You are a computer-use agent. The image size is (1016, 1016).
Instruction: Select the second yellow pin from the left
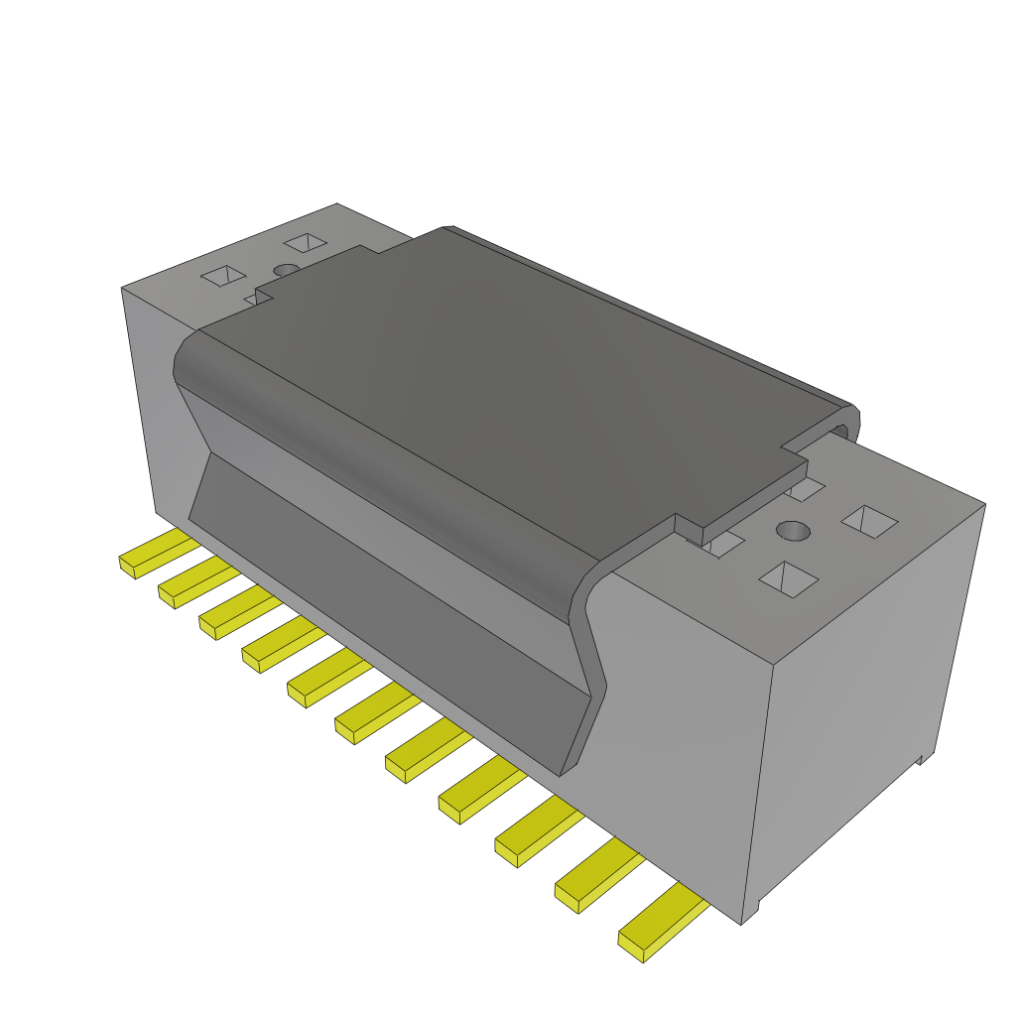[x=194, y=584]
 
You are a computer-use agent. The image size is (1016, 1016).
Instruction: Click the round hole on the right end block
[x=793, y=531]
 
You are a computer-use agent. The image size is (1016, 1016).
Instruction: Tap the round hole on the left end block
[x=286, y=269]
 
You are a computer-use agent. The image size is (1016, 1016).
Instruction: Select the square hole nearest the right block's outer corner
[x=869, y=521]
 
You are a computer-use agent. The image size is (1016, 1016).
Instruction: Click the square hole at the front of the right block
[x=788, y=578]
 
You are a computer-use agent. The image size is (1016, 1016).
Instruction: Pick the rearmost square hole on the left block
[x=306, y=243]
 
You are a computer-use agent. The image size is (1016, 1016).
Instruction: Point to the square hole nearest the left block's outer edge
[x=223, y=275]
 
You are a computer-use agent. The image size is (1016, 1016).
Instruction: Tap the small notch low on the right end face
[x=921, y=759]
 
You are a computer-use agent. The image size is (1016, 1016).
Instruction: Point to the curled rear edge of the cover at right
[x=843, y=425]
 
